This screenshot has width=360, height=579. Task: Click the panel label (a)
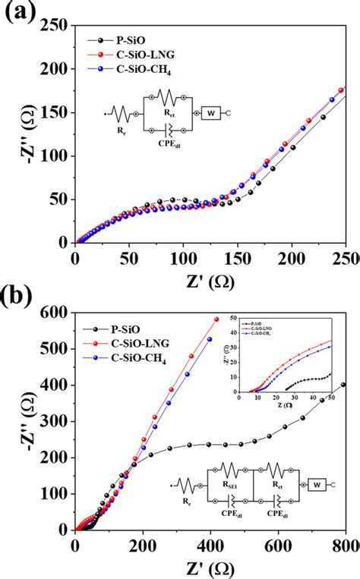(20, 13)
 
